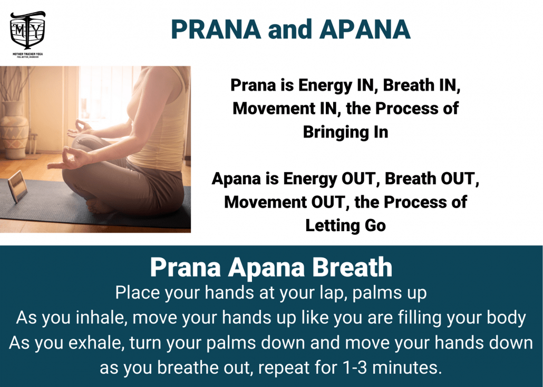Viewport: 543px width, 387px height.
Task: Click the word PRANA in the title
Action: tap(216, 29)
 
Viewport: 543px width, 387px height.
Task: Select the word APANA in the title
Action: tap(365, 29)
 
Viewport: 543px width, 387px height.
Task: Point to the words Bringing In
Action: tap(346, 132)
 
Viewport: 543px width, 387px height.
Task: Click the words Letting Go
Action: tap(346, 225)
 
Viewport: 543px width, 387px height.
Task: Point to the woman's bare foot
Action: tap(99, 207)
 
